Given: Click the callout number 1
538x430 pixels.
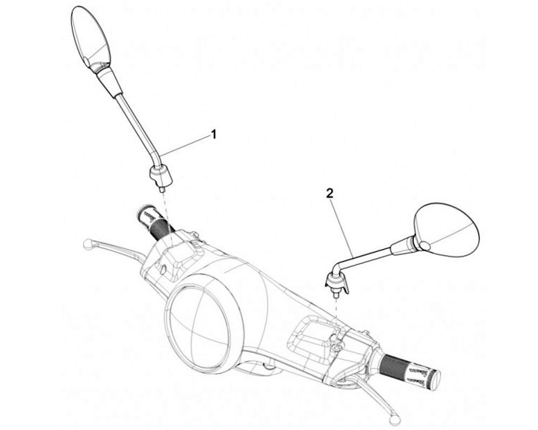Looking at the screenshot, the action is [x=214, y=135].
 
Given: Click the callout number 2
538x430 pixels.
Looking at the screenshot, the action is [x=330, y=191].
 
